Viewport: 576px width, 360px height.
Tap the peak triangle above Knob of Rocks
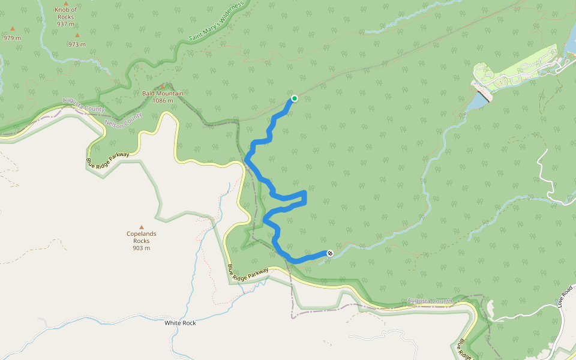(x=65, y=3)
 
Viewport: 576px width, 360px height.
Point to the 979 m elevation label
(x=12, y=38)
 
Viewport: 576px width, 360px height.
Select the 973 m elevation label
(x=77, y=44)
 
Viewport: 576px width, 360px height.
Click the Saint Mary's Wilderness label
(x=217, y=22)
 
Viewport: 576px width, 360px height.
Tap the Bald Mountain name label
(x=163, y=94)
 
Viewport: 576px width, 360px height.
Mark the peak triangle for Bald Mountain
(x=162, y=86)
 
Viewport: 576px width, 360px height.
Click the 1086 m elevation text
(x=163, y=101)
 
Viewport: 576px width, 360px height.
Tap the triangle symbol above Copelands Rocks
(x=142, y=227)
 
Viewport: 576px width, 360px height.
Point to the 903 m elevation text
(x=142, y=248)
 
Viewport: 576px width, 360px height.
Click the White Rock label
(x=180, y=323)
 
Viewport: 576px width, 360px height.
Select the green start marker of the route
(x=295, y=98)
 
